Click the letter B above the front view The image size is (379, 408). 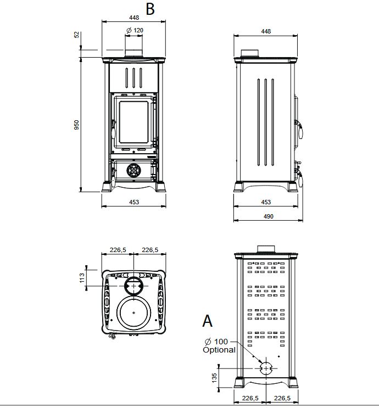tap(151, 9)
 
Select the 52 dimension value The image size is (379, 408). tap(77, 34)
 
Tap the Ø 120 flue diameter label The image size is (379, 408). tap(135, 30)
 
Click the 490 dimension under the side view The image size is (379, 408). tap(268, 216)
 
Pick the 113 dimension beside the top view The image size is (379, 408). tap(82, 278)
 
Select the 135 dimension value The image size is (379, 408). tap(215, 377)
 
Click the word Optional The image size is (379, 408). tap(219, 350)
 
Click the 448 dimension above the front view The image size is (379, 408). tap(134, 17)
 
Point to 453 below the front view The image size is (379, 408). tap(134, 202)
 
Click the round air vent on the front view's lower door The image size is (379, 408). tap(133, 170)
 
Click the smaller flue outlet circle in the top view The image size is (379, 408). tap(133, 286)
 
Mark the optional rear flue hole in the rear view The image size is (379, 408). tap(265, 367)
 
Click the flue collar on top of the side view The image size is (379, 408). tap(252, 53)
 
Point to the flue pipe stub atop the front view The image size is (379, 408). tap(133, 53)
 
